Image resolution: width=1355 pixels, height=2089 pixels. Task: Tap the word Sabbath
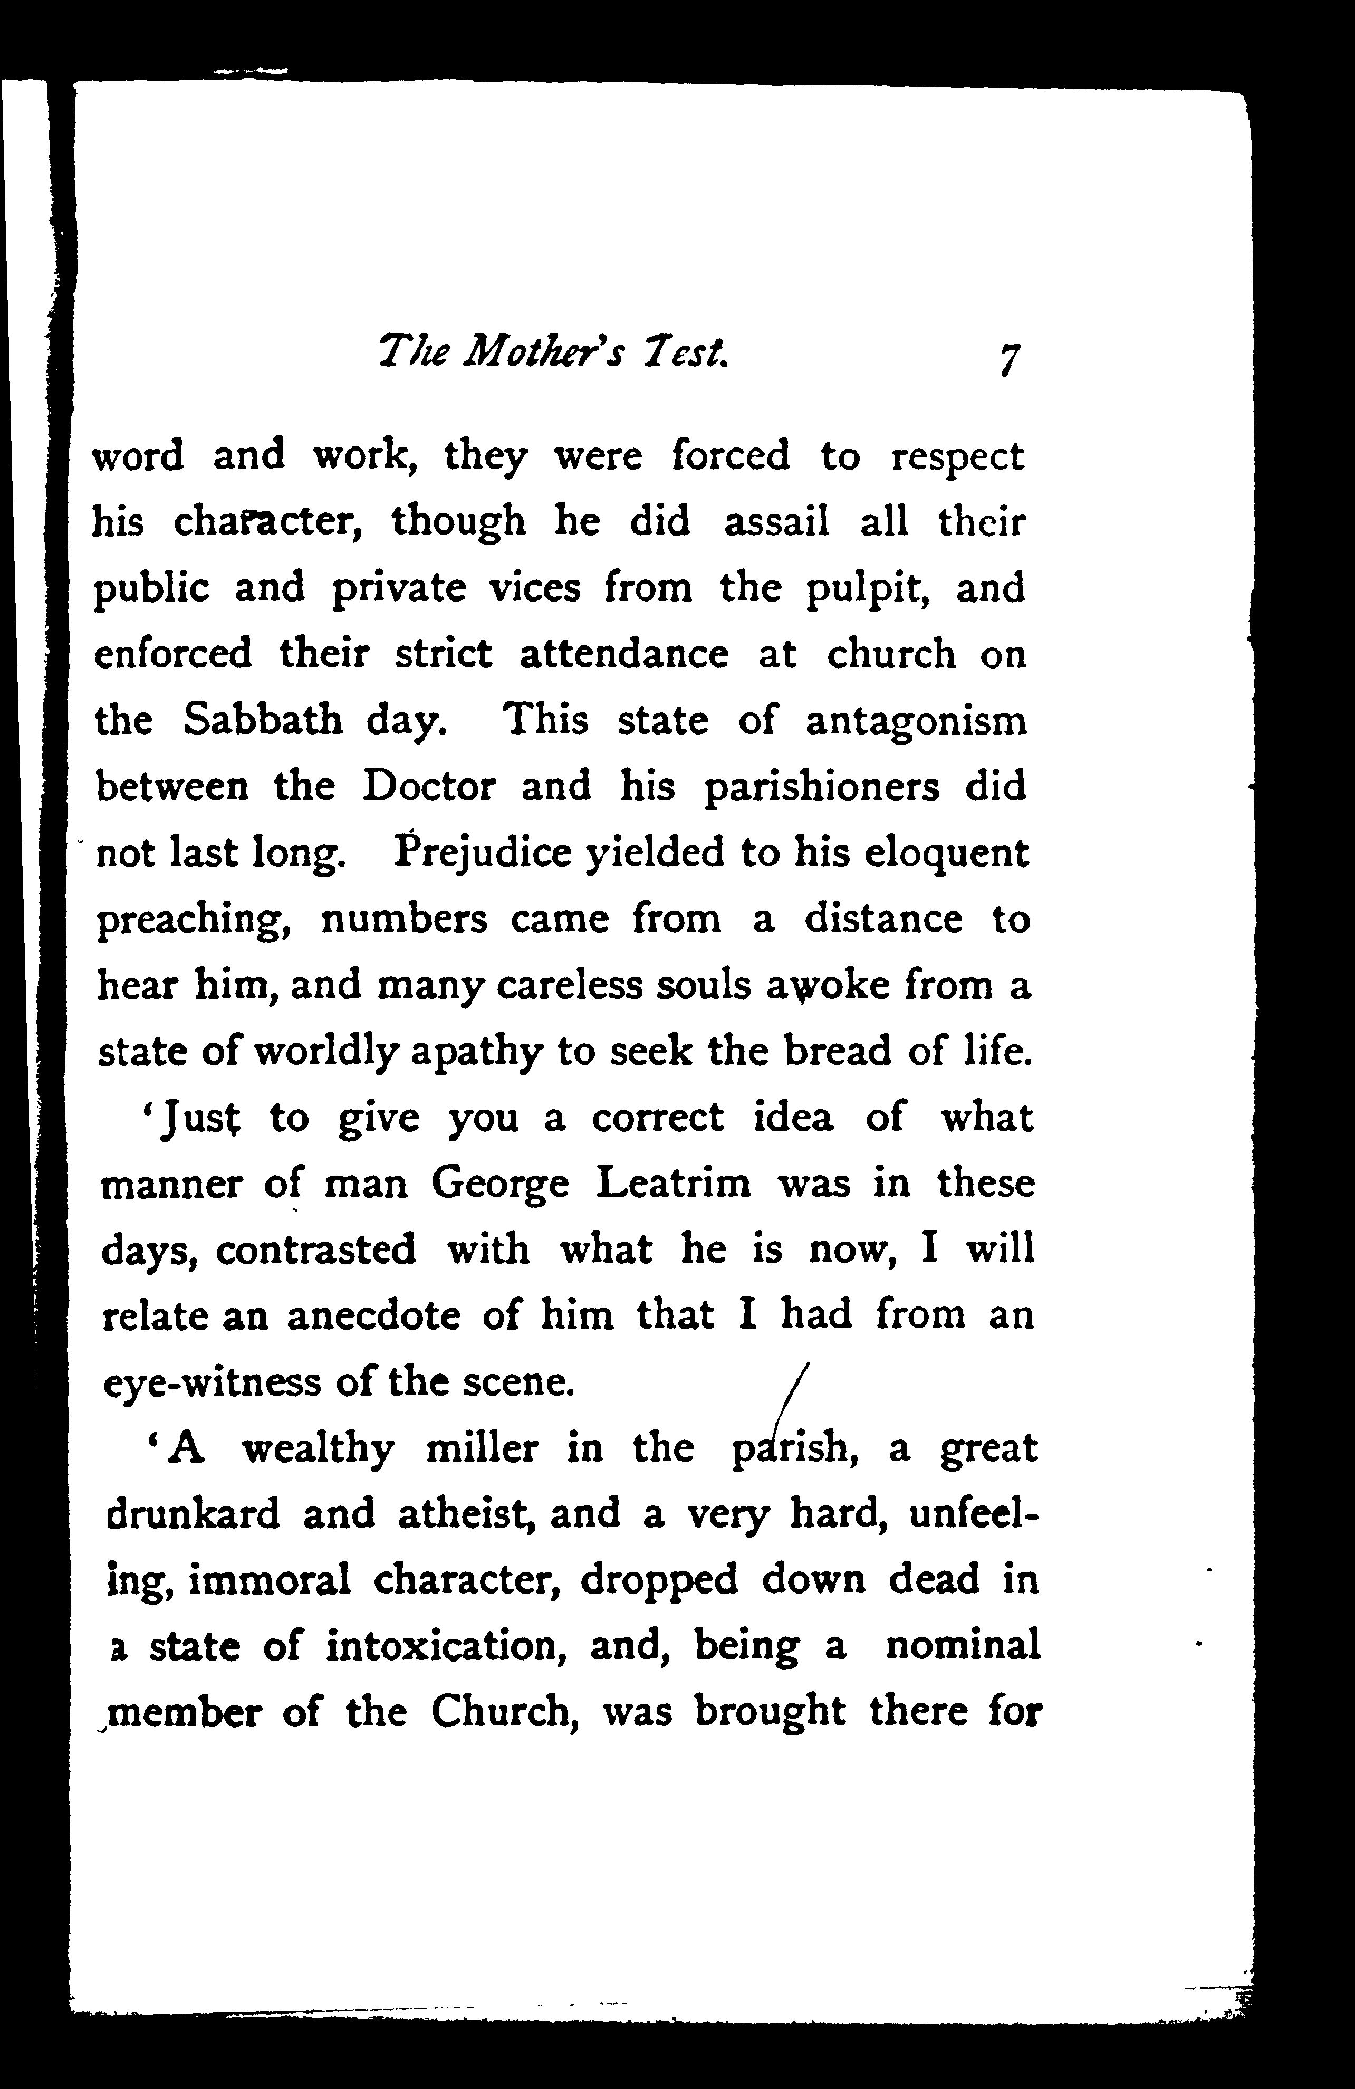[x=263, y=721]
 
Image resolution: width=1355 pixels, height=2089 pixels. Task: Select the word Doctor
[x=429, y=786]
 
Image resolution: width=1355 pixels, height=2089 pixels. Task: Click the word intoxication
[x=447, y=1647]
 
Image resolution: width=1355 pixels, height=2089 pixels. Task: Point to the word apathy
[x=476, y=1052]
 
